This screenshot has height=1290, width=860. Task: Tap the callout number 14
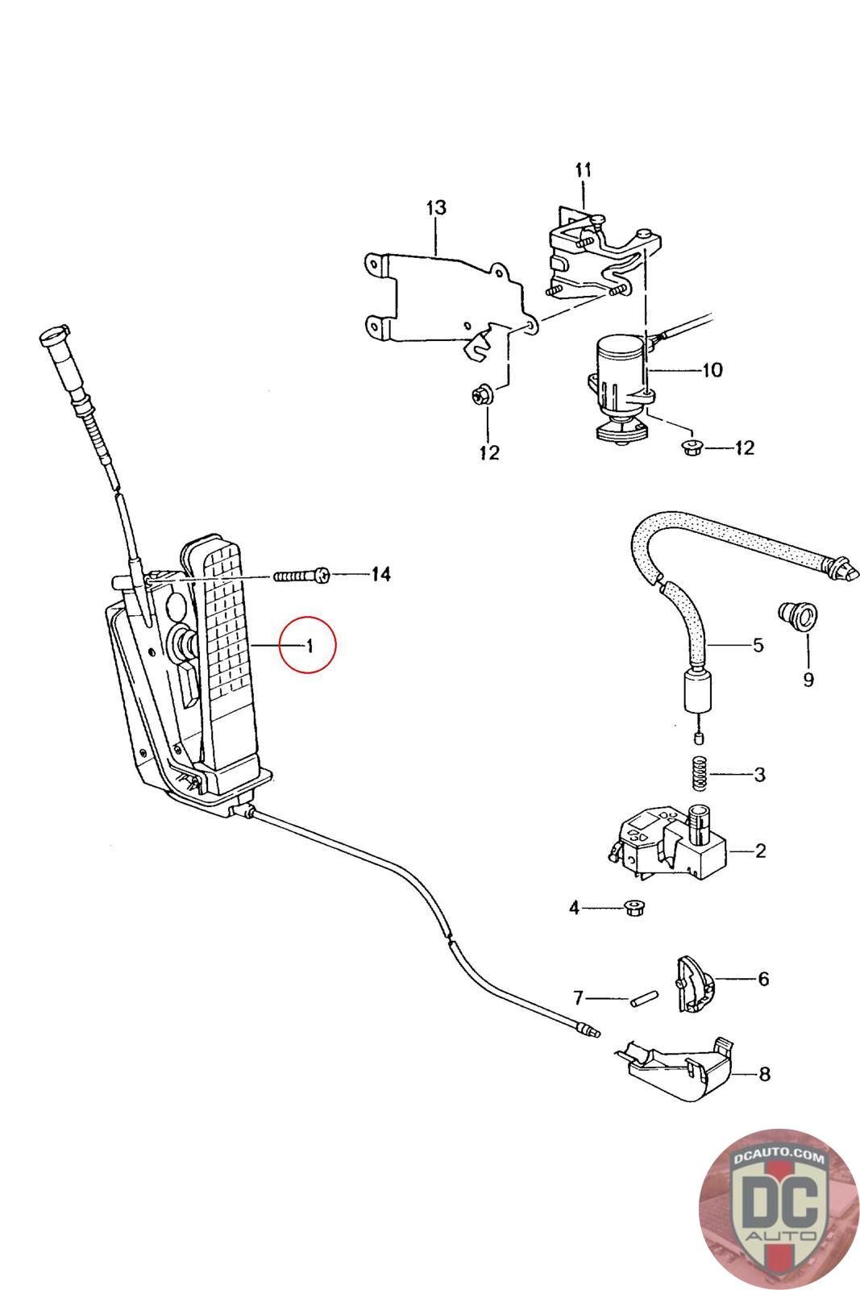[380, 574]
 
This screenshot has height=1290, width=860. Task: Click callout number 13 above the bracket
[435, 208]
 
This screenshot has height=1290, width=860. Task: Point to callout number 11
[584, 170]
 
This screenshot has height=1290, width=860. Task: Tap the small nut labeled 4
[634, 909]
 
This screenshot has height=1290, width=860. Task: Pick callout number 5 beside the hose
[758, 645]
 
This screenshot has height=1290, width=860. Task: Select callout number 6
[762, 979]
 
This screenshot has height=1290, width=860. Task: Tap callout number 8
[764, 1074]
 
